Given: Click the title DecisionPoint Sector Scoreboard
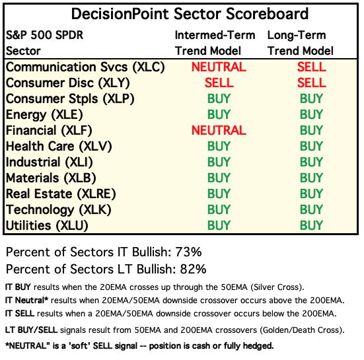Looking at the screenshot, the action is [190, 14].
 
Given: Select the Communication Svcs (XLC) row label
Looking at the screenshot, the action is [85, 67].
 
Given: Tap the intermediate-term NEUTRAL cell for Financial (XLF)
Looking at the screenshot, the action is [219, 130].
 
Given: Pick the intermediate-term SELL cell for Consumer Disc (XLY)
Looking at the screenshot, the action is [219, 83].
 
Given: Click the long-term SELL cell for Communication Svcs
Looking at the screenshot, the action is [312, 67].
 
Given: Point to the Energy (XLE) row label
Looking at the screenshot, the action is [44, 115].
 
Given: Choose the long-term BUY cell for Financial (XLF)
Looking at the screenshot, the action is [311, 130].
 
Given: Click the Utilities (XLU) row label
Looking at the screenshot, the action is [47, 226].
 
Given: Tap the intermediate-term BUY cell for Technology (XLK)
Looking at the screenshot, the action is [219, 209].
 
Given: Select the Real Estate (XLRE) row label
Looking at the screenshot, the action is [61, 194].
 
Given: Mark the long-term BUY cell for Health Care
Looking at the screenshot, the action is [311, 146].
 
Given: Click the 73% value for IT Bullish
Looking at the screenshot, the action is [188, 252].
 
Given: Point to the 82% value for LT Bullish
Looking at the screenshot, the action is [193, 270].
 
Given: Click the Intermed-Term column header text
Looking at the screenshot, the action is [215, 35].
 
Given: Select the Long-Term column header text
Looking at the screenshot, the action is [297, 36].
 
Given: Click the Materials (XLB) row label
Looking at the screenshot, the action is [51, 178].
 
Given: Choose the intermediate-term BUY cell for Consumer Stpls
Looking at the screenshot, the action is [219, 98].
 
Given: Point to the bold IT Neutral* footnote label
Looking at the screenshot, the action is [26, 301].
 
